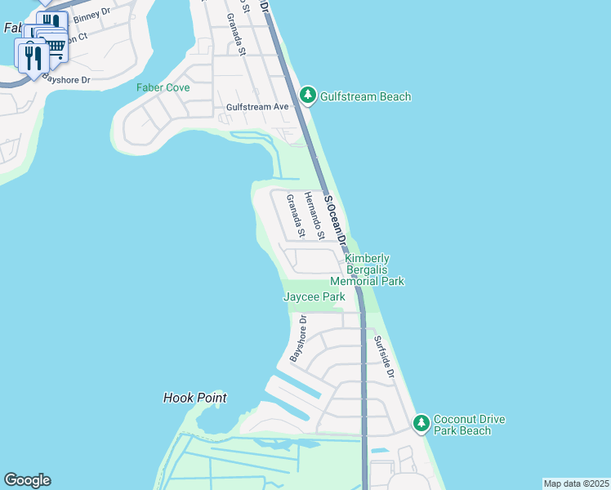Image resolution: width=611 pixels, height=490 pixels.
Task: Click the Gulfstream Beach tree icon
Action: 307,96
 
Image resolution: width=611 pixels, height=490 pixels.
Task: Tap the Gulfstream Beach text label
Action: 364,96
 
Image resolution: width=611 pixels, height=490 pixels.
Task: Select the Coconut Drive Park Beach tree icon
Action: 421,424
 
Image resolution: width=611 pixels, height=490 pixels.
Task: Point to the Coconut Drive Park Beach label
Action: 469,425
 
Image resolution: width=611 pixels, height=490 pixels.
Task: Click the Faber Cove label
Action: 163,87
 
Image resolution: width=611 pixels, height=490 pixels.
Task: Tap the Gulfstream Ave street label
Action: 258,107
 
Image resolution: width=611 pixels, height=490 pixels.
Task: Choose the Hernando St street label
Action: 314,216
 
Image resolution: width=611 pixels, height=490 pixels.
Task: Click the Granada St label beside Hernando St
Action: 295,216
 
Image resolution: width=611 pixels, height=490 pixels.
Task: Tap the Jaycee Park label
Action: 314,297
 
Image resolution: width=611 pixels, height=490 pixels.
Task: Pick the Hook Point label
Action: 194,398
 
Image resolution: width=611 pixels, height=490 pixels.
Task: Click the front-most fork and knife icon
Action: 33,56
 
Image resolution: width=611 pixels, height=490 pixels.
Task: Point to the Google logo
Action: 27,480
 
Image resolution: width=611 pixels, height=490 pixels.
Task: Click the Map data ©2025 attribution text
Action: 575,483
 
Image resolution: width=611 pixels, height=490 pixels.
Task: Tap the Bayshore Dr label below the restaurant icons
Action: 67,79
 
